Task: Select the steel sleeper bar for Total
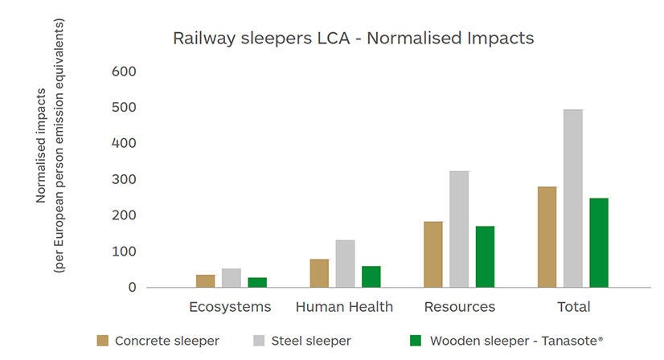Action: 572,198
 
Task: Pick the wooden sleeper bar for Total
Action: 599,242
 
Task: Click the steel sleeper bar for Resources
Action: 459,228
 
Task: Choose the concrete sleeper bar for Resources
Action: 432,254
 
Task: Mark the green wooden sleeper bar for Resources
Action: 485,256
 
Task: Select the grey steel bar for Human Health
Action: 345,263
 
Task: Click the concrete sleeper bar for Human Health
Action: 319,272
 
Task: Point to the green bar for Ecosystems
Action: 257,282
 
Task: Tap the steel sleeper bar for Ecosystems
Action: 232,277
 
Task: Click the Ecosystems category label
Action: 230,307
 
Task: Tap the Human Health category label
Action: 344,307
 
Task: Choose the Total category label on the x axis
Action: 572,307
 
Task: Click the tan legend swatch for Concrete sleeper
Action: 102,341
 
